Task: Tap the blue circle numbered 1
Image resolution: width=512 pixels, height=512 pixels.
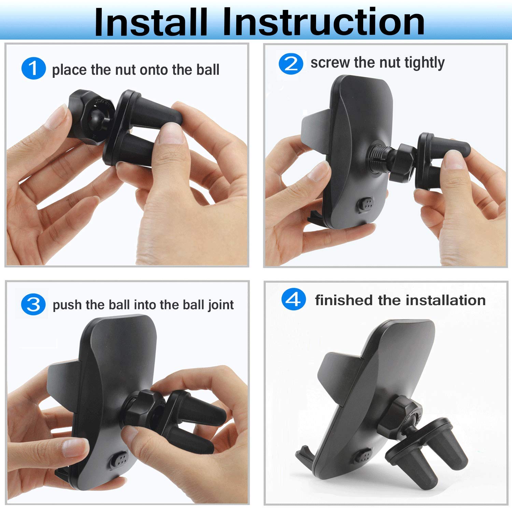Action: [33, 68]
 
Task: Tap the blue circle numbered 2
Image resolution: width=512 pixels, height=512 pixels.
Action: [291, 63]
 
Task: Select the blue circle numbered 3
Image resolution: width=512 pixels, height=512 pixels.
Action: [33, 304]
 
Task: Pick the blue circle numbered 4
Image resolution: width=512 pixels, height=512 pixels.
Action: [293, 300]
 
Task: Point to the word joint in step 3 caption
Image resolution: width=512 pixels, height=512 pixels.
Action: [221, 305]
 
